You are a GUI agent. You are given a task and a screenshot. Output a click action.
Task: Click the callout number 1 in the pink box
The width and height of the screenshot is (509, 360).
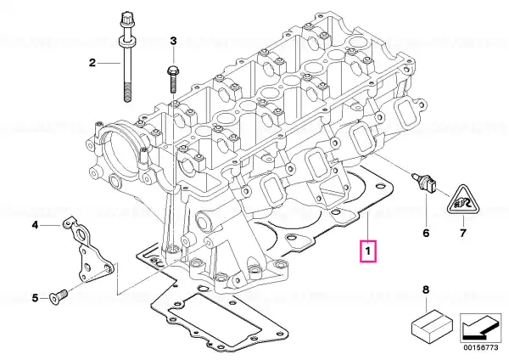coord(367,251)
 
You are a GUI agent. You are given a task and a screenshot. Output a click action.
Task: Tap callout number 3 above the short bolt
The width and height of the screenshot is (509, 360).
coord(172,41)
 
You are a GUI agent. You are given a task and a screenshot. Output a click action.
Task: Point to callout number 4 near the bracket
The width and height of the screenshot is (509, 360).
coord(35,225)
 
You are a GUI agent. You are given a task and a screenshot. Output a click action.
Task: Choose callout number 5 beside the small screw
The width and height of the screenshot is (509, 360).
coord(35,297)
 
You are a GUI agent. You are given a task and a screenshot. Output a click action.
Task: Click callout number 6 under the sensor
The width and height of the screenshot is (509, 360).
coord(426,232)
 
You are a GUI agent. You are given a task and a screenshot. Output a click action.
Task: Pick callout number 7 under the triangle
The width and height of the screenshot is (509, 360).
coord(463,232)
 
